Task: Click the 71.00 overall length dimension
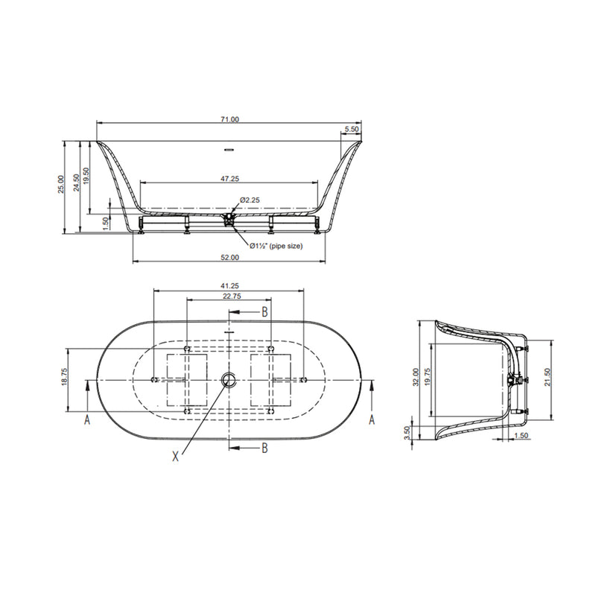(229, 119)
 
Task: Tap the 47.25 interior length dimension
(229, 179)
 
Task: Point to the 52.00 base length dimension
(229, 258)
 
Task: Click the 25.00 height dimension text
(62, 184)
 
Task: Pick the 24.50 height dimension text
(75, 184)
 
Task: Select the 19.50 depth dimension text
(87, 176)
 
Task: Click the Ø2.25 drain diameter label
(249, 200)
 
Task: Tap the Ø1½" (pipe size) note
(276, 246)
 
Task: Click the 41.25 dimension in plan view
(229, 285)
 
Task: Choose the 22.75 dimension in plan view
(229, 297)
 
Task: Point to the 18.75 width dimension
(65, 378)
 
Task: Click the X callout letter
(176, 456)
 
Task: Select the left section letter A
(87, 421)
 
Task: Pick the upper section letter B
(264, 311)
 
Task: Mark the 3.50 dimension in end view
(408, 434)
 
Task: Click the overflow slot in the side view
(229, 149)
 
